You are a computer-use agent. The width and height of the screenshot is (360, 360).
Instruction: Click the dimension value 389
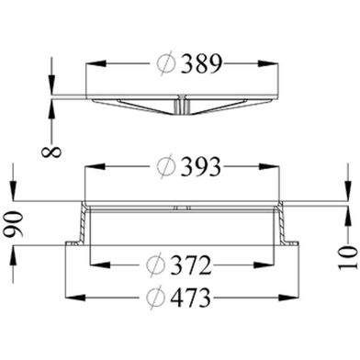[200, 64]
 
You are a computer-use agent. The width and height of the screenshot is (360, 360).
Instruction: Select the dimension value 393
[200, 167]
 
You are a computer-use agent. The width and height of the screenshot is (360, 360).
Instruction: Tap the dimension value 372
[191, 265]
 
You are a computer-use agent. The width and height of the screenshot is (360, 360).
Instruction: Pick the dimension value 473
[191, 298]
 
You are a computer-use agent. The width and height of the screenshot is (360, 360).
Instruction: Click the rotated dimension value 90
[14, 225]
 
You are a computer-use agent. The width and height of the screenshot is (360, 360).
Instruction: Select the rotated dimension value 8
[51, 152]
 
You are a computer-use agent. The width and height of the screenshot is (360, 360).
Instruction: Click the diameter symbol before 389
[166, 64]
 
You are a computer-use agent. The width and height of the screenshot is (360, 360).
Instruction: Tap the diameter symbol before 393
[166, 167]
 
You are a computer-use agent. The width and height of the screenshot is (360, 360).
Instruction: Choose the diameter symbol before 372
[156, 265]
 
